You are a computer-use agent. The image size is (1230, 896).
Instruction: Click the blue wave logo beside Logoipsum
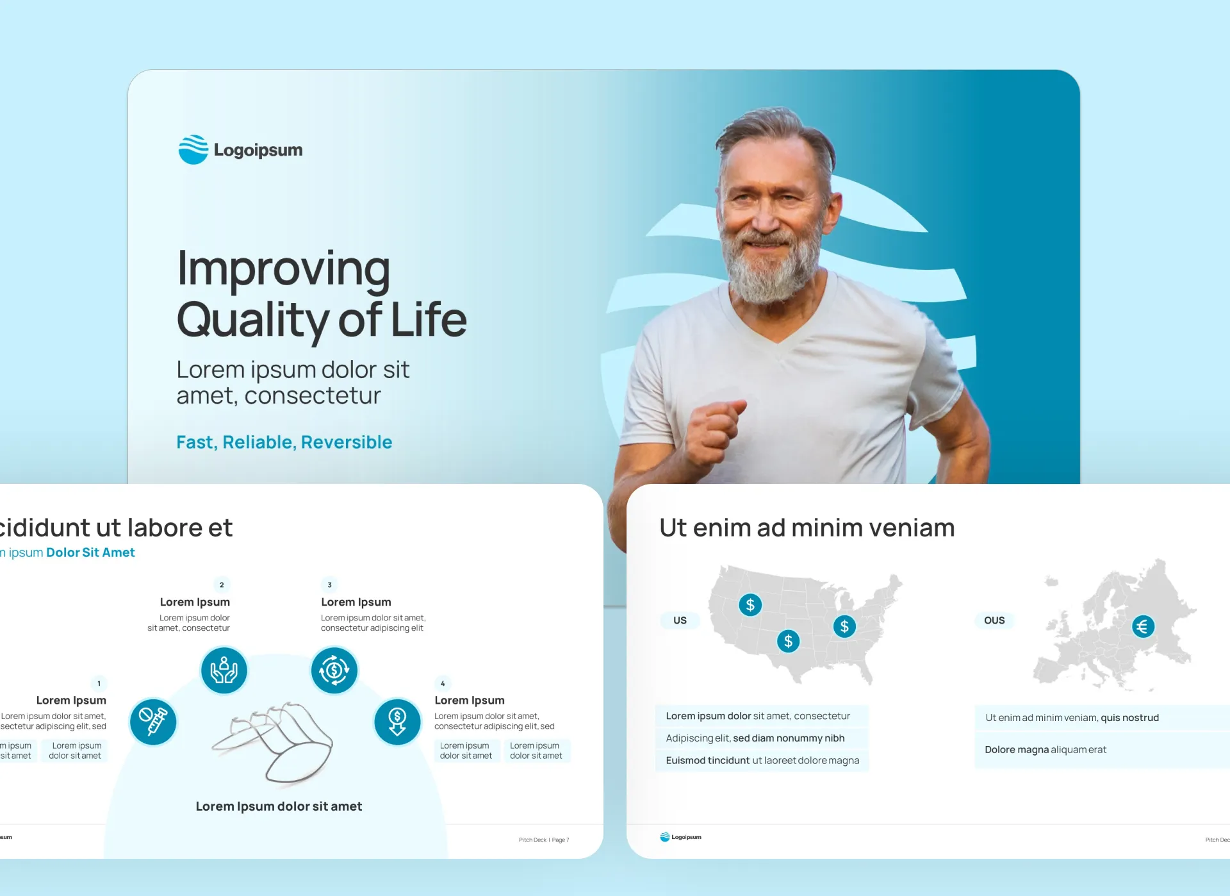click(x=193, y=149)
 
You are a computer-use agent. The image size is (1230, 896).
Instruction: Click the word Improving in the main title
click(x=283, y=268)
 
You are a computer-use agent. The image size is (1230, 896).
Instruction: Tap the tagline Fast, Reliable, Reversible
click(x=284, y=442)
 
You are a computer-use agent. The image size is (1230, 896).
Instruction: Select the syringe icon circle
click(x=153, y=722)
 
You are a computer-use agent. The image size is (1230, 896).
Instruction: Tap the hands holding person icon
click(x=224, y=670)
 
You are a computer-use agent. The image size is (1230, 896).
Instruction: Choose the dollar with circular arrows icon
click(x=334, y=670)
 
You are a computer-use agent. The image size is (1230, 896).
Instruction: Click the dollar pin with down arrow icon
click(x=397, y=722)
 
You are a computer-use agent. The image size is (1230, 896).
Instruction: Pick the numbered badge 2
click(x=222, y=585)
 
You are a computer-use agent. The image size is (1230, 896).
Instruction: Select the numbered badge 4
click(x=443, y=683)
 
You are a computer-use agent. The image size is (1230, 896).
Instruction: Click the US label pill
click(x=680, y=620)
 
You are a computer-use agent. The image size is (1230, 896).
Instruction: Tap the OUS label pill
click(x=994, y=620)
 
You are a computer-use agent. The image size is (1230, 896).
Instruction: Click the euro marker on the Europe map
click(x=1143, y=626)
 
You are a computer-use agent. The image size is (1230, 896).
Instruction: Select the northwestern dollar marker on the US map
click(x=750, y=604)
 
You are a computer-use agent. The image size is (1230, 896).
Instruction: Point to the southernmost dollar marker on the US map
click(x=788, y=641)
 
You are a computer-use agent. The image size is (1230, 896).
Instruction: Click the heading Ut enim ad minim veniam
click(x=807, y=527)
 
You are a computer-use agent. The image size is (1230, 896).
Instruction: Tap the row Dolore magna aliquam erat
click(x=1045, y=749)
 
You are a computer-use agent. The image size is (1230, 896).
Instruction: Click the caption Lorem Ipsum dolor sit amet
click(x=279, y=806)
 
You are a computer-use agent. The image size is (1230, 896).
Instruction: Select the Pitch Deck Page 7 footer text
click(x=544, y=840)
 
